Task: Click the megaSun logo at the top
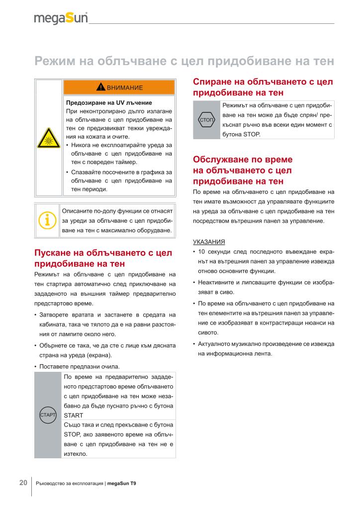click(61, 18)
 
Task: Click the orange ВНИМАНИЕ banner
click(119, 87)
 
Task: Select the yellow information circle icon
click(47, 219)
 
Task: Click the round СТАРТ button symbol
click(47, 414)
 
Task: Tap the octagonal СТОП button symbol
click(206, 120)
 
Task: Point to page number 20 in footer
click(23, 483)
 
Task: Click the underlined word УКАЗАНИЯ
click(208, 242)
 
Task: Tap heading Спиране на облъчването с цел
click(263, 82)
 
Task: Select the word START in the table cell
click(74, 415)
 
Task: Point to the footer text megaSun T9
click(121, 483)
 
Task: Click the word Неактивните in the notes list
click(216, 282)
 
